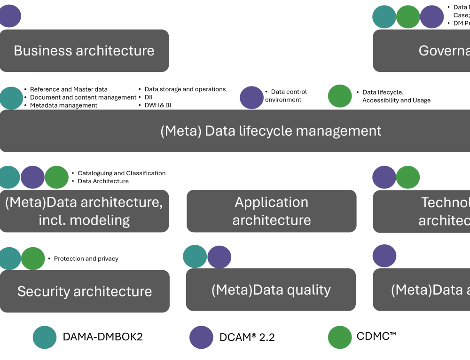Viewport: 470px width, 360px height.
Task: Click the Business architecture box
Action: pyautogui.click(x=84, y=51)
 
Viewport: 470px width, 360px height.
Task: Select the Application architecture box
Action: pyautogui.click(x=272, y=211)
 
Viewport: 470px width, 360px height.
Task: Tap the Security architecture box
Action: pyautogui.click(x=85, y=291)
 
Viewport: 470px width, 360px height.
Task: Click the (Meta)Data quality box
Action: pyautogui.click(x=271, y=290)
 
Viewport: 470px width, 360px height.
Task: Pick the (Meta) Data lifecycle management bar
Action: pyautogui.click(x=271, y=131)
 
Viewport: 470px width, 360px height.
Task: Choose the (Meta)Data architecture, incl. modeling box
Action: pyautogui.click(x=84, y=211)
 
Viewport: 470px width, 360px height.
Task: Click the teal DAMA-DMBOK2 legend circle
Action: pyautogui.click(x=45, y=337)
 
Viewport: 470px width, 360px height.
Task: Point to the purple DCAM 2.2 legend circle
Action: pyautogui.click(x=201, y=337)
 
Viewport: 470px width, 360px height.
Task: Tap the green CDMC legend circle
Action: pyautogui.click(x=340, y=337)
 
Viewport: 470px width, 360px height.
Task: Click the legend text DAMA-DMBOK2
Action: pyautogui.click(x=102, y=337)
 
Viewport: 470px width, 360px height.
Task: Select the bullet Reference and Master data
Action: pyautogui.click(x=69, y=89)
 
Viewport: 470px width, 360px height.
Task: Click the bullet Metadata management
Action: pyautogui.click(x=63, y=105)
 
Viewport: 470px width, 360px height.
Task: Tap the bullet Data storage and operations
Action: pyautogui.click(x=185, y=89)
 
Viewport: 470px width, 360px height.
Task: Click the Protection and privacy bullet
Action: pyautogui.click(x=86, y=258)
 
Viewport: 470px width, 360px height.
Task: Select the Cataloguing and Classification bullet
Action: pyautogui.click(x=121, y=173)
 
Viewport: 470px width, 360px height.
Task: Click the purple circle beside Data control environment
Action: pyautogui.click(x=251, y=97)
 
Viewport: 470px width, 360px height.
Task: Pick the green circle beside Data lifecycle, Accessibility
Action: pyautogui.click(x=340, y=96)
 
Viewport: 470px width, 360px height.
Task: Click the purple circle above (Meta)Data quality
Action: pyautogui.click(x=219, y=257)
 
